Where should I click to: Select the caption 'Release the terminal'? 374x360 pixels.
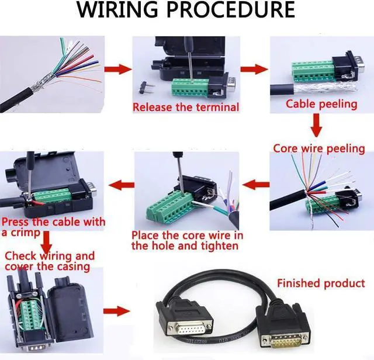coord(185,107)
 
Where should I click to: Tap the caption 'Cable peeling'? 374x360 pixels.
coord(321,104)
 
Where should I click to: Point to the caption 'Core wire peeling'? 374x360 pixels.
coord(318,148)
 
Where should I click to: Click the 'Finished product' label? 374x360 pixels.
coord(321,283)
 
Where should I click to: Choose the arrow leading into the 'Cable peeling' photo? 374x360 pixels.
coord(255,69)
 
